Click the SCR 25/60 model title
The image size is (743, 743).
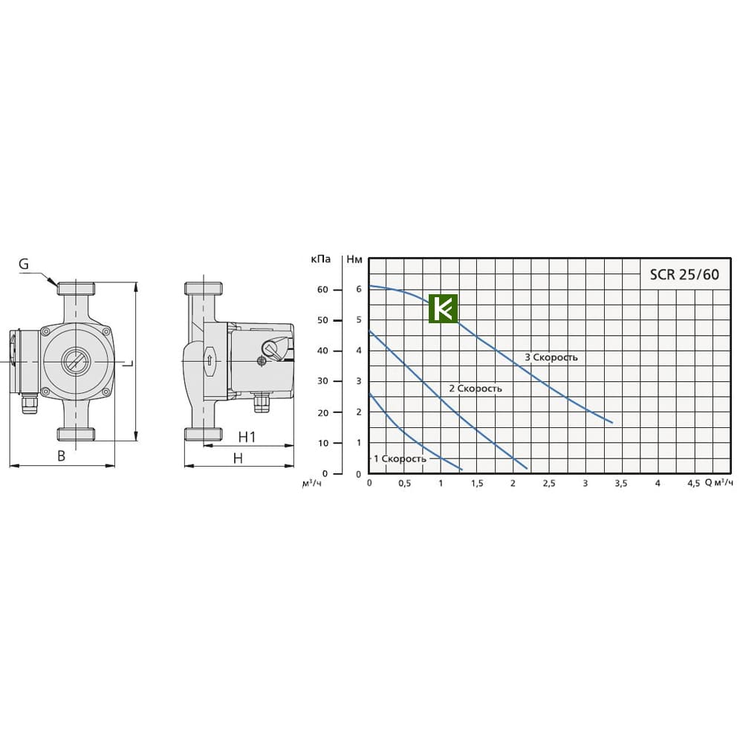pos(684,274)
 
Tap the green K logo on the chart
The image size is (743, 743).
pos(443,308)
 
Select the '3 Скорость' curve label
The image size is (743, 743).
pos(551,357)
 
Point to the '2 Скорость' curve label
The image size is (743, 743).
pos(476,389)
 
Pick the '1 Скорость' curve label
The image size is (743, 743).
pos(400,458)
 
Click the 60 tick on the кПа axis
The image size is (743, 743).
pos(322,290)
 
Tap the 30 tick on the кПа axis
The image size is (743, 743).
pos(322,381)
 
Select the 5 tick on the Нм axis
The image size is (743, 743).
pos(359,319)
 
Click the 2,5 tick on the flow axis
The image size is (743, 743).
pos(549,484)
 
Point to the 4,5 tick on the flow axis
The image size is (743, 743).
pos(693,484)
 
